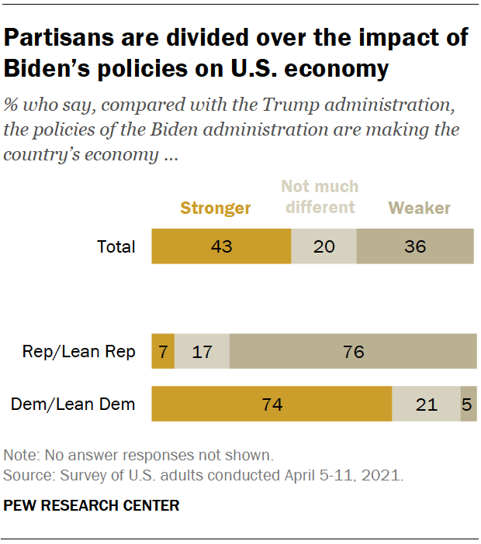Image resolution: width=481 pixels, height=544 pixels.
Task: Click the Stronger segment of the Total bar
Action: (221, 247)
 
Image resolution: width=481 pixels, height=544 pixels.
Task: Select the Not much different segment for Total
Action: (324, 247)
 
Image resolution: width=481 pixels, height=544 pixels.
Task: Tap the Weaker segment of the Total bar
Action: (415, 247)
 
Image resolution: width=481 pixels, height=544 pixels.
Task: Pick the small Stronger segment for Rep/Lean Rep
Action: (163, 352)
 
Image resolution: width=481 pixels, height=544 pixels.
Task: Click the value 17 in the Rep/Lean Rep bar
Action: (202, 352)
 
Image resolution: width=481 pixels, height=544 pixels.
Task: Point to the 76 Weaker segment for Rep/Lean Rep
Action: (353, 352)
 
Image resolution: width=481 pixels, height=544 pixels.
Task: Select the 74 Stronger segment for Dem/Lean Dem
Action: (272, 404)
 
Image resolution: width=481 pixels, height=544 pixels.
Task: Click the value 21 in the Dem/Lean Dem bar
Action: (426, 404)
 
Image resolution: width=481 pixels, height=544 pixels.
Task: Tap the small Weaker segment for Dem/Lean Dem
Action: (469, 404)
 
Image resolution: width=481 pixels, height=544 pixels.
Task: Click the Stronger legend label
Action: (216, 208)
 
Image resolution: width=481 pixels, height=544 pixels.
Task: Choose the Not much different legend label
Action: (320, 197)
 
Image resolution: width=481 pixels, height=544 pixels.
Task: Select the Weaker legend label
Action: (420, 208)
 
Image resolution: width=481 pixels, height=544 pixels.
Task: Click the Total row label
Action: (116, 247)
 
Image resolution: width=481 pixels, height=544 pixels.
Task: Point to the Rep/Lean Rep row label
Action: (79, 352)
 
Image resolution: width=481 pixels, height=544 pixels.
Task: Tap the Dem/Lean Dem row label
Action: (73, 404)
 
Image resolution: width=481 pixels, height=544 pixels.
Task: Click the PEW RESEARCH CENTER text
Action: (92, 506)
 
